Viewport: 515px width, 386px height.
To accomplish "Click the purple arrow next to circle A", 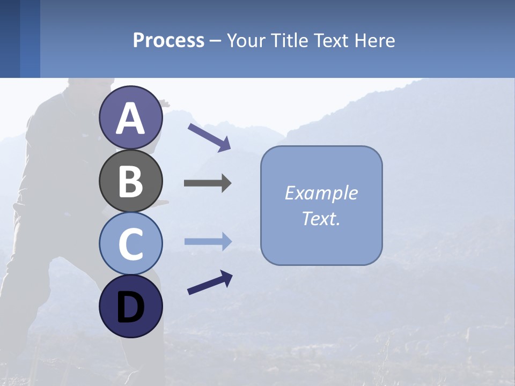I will point(209,137).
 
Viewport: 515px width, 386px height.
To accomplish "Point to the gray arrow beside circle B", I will point(208,183).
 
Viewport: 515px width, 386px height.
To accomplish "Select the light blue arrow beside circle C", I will point(208,242).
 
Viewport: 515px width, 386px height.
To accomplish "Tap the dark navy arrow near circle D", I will point(210,283).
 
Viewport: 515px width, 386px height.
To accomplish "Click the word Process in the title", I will point(168,40).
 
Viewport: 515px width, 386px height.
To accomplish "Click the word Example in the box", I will point(321,193).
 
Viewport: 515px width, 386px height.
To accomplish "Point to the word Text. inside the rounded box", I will point(321,219).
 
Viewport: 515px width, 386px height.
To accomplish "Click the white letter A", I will point(130,118).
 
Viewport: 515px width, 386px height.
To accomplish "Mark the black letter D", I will point(130,308).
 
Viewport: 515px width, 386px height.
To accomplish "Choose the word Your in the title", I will point(246,40).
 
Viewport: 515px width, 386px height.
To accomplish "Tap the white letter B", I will point(130,181).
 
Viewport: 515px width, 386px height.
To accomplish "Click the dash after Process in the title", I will point(216,41).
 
